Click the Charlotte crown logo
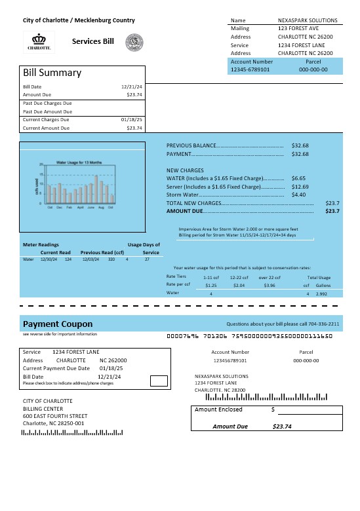[39, 41]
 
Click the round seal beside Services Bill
[134, 42]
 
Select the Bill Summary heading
[52, 73]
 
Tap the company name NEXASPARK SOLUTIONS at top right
[308, 20]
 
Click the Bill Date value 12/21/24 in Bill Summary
[132, 86]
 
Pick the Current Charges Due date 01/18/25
[132, 120]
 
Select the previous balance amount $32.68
[300, 145]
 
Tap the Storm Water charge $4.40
[298, 195]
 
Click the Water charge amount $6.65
[298, 178]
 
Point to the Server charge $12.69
[300, 187]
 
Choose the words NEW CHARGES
[186, 170]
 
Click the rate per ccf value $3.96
[269, 285]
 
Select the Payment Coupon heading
[58, 324]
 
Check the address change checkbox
[158, 381]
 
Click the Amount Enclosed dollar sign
[273, 409]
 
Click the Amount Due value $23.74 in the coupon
[282, 426]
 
